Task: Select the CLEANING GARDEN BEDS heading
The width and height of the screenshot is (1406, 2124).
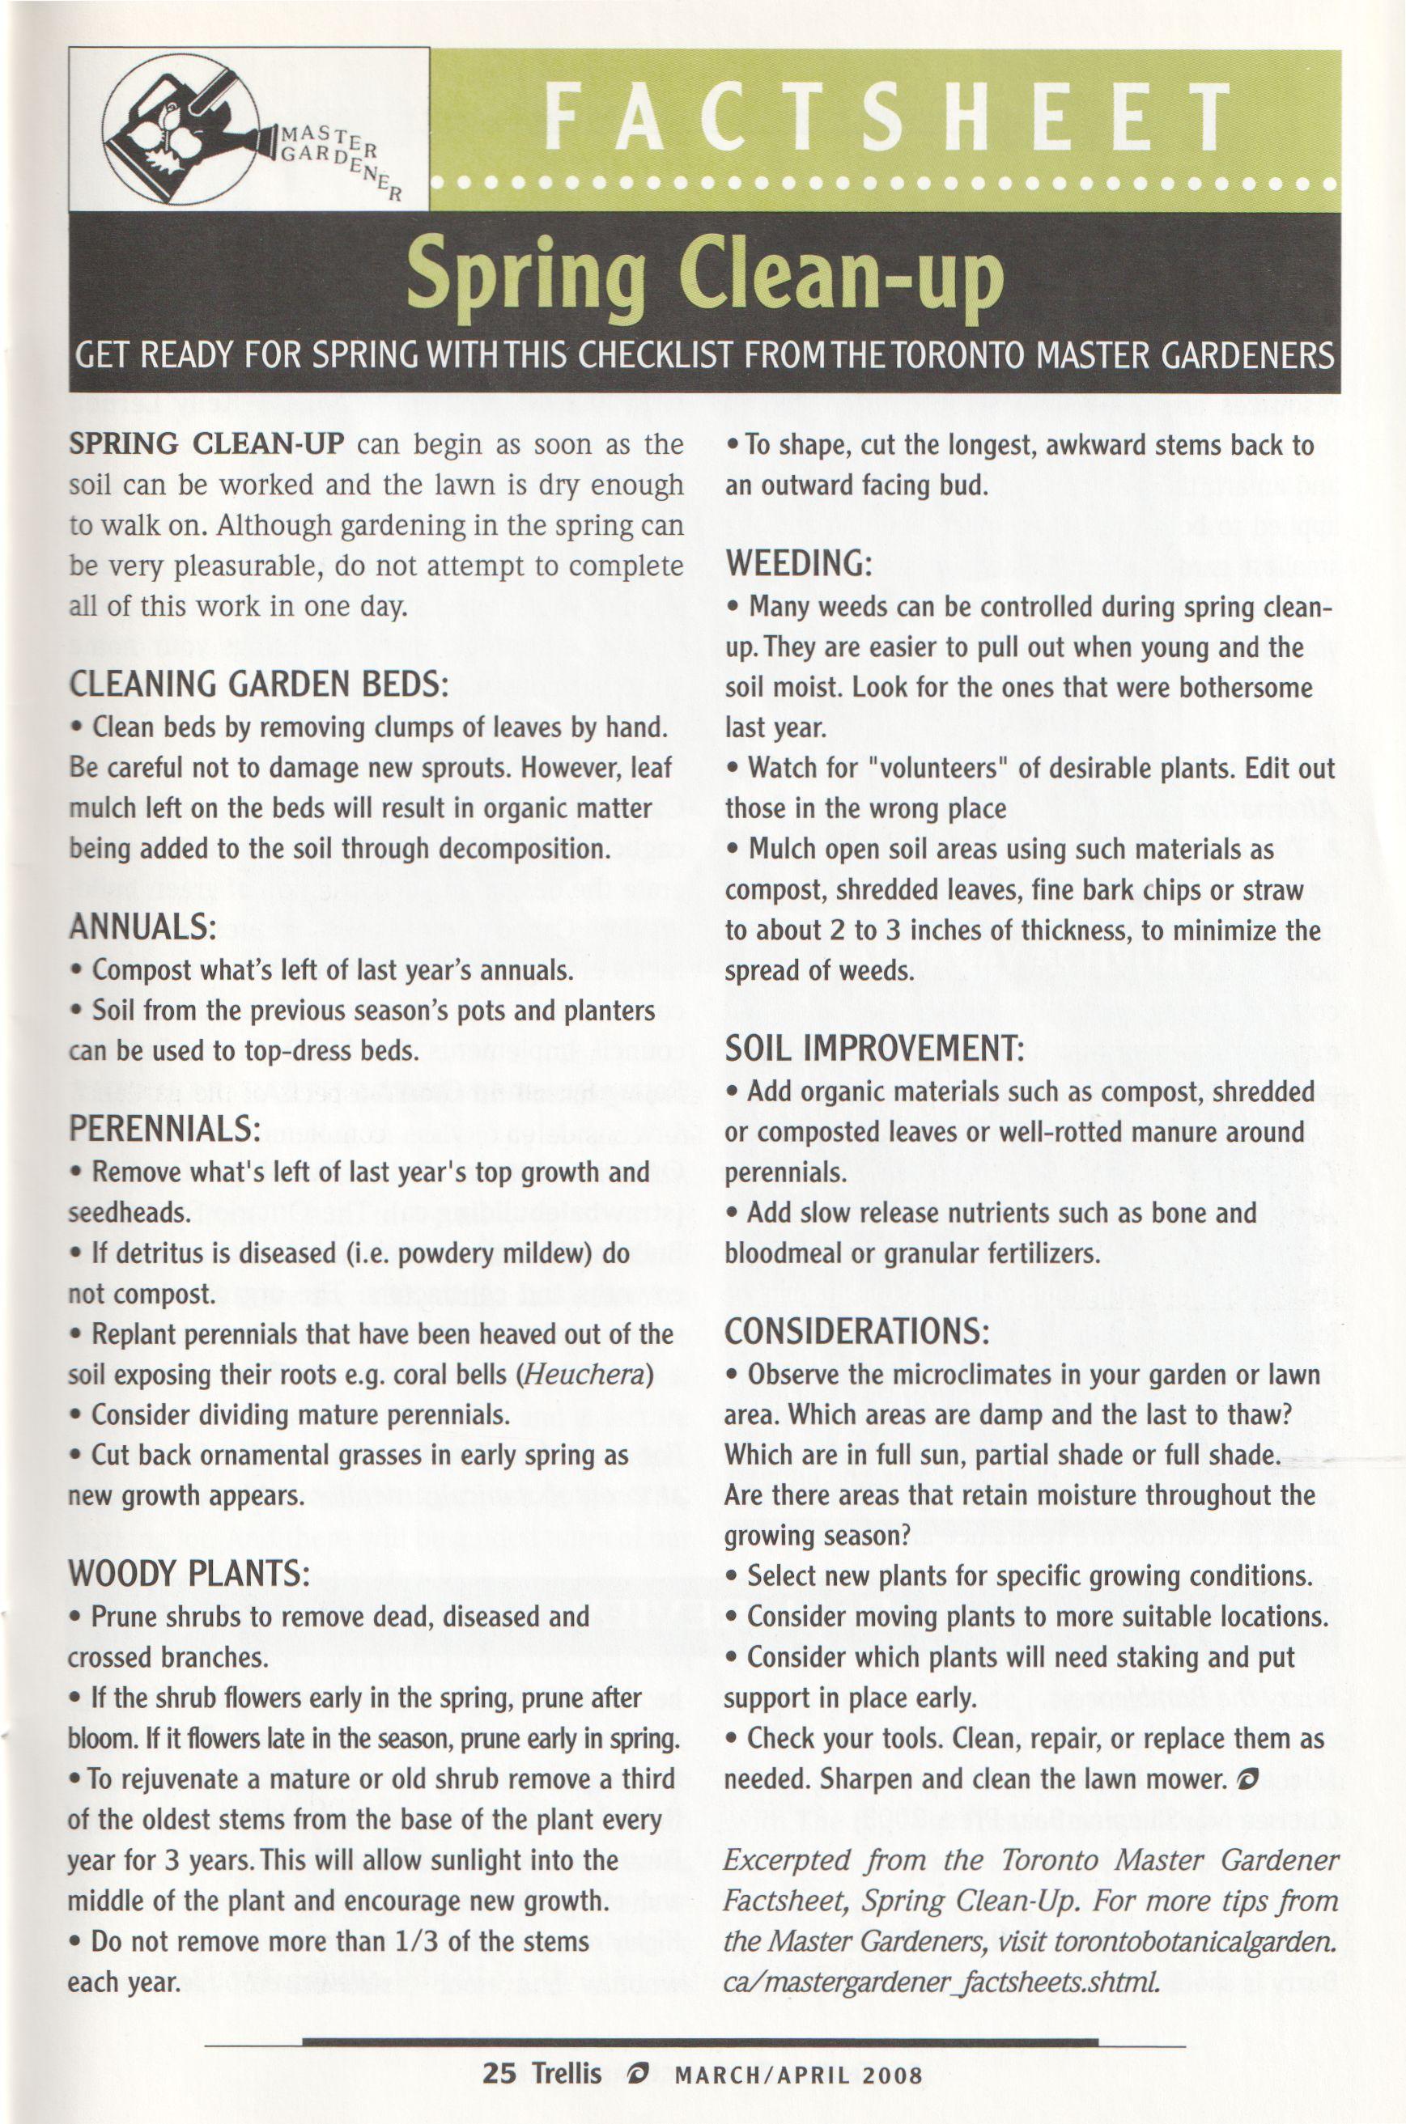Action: [x=258, y=685]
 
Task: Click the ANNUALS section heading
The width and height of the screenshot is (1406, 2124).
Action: [x=142, y=926]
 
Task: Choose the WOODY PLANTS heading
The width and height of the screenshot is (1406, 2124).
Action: [x=189, y=1575]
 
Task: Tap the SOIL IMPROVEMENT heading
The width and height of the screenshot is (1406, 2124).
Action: [x=874, y=1049]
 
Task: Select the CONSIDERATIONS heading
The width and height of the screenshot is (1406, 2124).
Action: [x=857, y=1332]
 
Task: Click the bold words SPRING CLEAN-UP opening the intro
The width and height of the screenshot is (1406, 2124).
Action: [x=207, y=445]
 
